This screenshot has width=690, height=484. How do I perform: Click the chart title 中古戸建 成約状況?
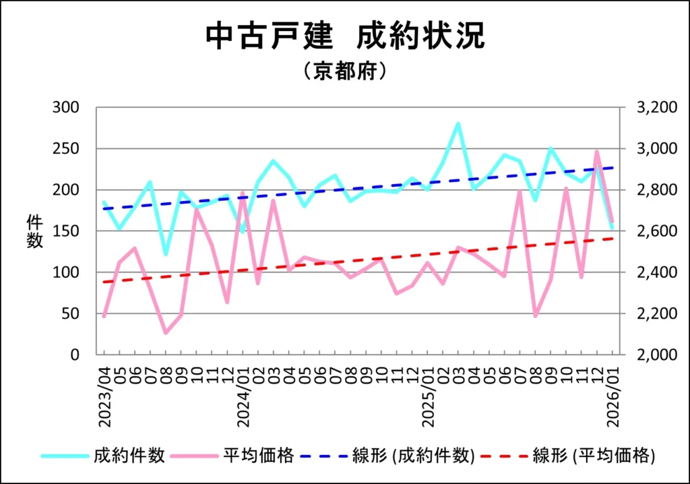pos(344,37)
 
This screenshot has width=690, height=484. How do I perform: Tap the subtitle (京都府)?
pos(344,71)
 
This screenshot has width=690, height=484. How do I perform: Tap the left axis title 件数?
pos(34,231)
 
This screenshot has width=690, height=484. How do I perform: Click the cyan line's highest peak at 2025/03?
pos(458,123)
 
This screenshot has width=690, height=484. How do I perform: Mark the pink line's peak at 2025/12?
pos(597,152)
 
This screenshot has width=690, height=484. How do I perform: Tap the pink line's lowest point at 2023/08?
pos(166,332)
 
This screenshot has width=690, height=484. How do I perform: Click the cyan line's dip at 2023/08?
pos(166,253)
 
